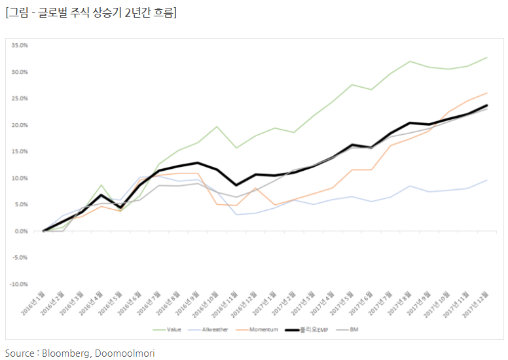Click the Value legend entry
click(173, 329)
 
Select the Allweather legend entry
click(215, 329)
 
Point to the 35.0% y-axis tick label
click(19, 46)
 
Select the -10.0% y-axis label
click(18, 284)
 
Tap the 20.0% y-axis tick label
click(19, 125)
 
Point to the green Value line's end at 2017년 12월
click(487, 58)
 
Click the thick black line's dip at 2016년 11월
click(236, 185)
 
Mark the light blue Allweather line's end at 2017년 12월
click(487, 180)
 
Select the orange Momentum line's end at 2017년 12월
click(487, 93)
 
